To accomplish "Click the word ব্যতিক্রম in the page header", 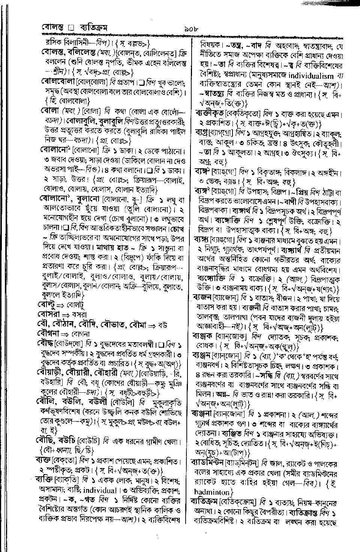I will pos(95,28).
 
